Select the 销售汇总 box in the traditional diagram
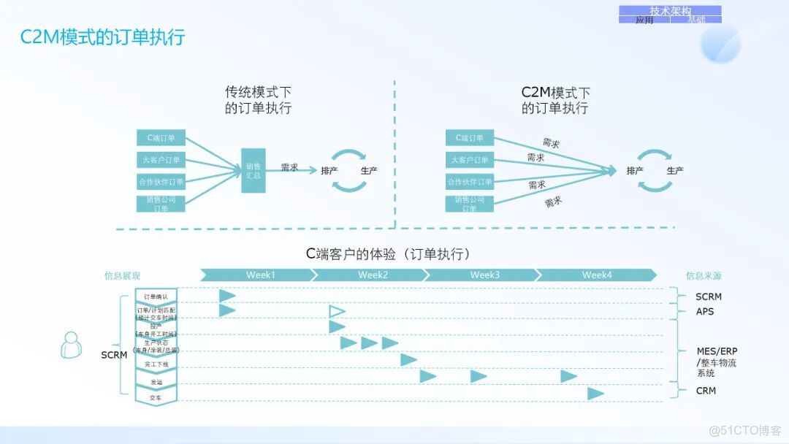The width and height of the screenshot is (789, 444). click(254, 170)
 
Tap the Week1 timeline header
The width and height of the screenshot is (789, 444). click(260, 275)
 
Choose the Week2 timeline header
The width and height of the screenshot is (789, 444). click(373, 275)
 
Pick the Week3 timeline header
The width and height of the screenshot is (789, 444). click(484, 275)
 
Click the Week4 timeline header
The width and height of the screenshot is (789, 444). click(597, 275)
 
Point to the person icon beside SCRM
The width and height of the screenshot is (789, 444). click(71, 345)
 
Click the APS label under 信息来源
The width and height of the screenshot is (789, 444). click(705, 312)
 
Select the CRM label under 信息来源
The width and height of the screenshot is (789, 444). click(706, 391)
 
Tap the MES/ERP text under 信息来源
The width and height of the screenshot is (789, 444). click(717, 351)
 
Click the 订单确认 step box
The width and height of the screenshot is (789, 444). click(156, 296)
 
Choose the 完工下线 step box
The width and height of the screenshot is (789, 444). click(156, 363)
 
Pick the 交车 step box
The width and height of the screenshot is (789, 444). click(156, 397)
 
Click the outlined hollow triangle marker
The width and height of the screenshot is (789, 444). click(336, 312)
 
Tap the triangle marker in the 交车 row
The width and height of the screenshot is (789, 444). click(595, 394)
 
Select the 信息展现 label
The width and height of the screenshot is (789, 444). click(122, 276)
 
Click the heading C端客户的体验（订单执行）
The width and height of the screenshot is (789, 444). click(388, 254)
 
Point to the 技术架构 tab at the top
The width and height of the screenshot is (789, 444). click(670, 11)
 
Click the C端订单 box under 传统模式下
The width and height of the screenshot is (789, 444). click(161, 138)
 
